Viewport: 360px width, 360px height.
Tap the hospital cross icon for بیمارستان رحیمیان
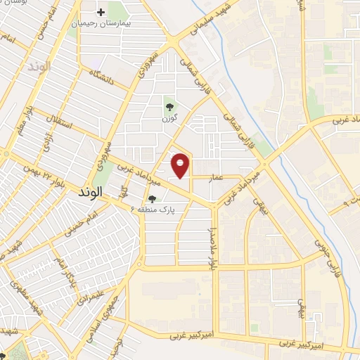click(101, 12)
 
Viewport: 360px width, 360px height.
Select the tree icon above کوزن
click(169, 108)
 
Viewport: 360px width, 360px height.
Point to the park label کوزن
click(169, 119)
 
